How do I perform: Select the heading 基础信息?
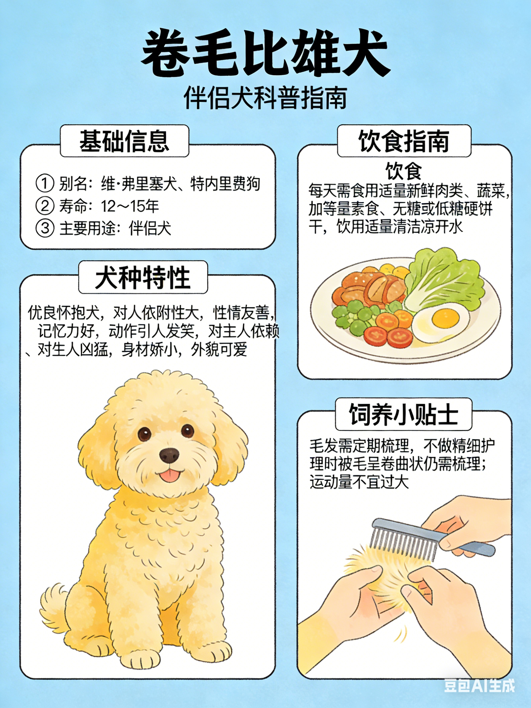[x=124, y=141]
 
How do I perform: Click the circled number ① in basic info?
[x=45, y=183]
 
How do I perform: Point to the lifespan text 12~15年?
[x=130, y=206]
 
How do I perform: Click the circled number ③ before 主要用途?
[x=45, y=228]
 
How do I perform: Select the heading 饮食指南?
[x=404, y=141]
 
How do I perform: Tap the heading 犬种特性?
[x=143, y=277]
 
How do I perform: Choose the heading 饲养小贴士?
[x=403, y=414]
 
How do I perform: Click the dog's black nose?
[x=169, y=455]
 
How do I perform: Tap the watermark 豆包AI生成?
[x=479, y=685]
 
